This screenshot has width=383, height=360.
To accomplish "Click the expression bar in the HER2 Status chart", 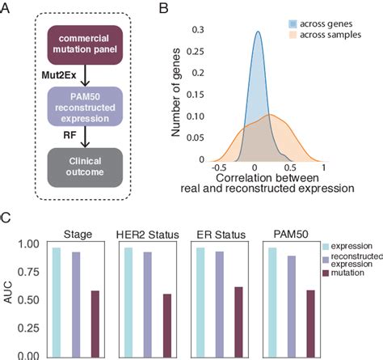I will coord(128,301).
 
